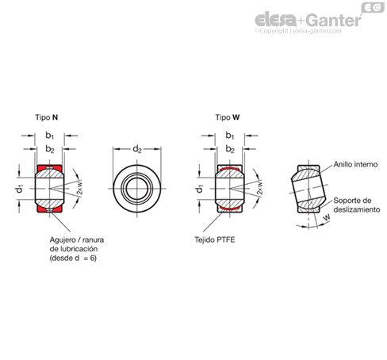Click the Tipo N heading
click(x=47, y=117)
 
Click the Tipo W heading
click(x=228, y=117)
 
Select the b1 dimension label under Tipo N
click(x=49, y=136)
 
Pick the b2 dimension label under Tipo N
click(x=50, y=149)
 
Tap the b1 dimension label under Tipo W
click(x=230, y=136)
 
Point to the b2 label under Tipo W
click(x=230, y=149)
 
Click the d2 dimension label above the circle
click(x=137, y=149)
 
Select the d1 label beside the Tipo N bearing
click(x=19, y=189)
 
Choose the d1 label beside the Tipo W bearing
click(x=200, y=189)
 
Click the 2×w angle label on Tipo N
click(x=80, y=188)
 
